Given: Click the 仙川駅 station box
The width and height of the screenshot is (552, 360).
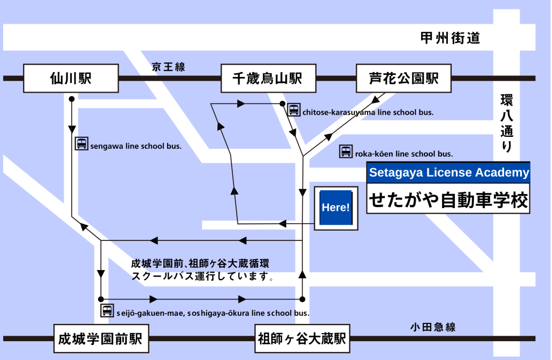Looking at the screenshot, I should pos(71,79).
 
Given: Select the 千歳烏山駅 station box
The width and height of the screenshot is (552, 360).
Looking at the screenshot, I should pos(267,79).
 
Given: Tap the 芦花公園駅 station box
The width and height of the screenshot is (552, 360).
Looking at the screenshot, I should pos(404,79).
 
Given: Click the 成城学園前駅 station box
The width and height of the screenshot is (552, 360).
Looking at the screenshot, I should pos(100,339).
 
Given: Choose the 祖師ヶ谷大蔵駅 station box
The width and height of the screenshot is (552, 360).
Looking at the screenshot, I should pos(302,339).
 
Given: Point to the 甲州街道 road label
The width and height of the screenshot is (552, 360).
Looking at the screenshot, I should pos(450,38).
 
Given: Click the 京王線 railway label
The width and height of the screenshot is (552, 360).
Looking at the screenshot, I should pos(168,67).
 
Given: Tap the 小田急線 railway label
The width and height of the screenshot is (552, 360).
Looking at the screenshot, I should pos(432,327).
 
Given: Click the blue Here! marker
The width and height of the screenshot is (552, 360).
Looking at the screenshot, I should pos(335,207).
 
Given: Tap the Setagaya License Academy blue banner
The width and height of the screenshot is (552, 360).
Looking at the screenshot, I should pos(448,173).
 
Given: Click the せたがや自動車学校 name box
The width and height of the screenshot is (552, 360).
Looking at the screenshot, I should pos(448,200).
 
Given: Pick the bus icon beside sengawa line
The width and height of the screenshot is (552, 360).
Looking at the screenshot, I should pos(81,143).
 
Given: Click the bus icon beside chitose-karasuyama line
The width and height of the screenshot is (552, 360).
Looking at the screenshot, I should pos(294,110).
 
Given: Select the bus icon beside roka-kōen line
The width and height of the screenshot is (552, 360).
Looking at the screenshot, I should pos(346,152).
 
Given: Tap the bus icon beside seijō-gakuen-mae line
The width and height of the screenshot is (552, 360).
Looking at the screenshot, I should pos(107,310).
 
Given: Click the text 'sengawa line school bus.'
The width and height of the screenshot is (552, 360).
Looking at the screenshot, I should pos(136,146).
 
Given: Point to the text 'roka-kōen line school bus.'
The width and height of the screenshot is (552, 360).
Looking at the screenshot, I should pos(403,154).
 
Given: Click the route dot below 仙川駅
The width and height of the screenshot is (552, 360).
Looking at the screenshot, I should pos(71,99).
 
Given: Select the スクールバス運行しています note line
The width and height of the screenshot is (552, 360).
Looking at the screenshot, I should pos(203,276).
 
